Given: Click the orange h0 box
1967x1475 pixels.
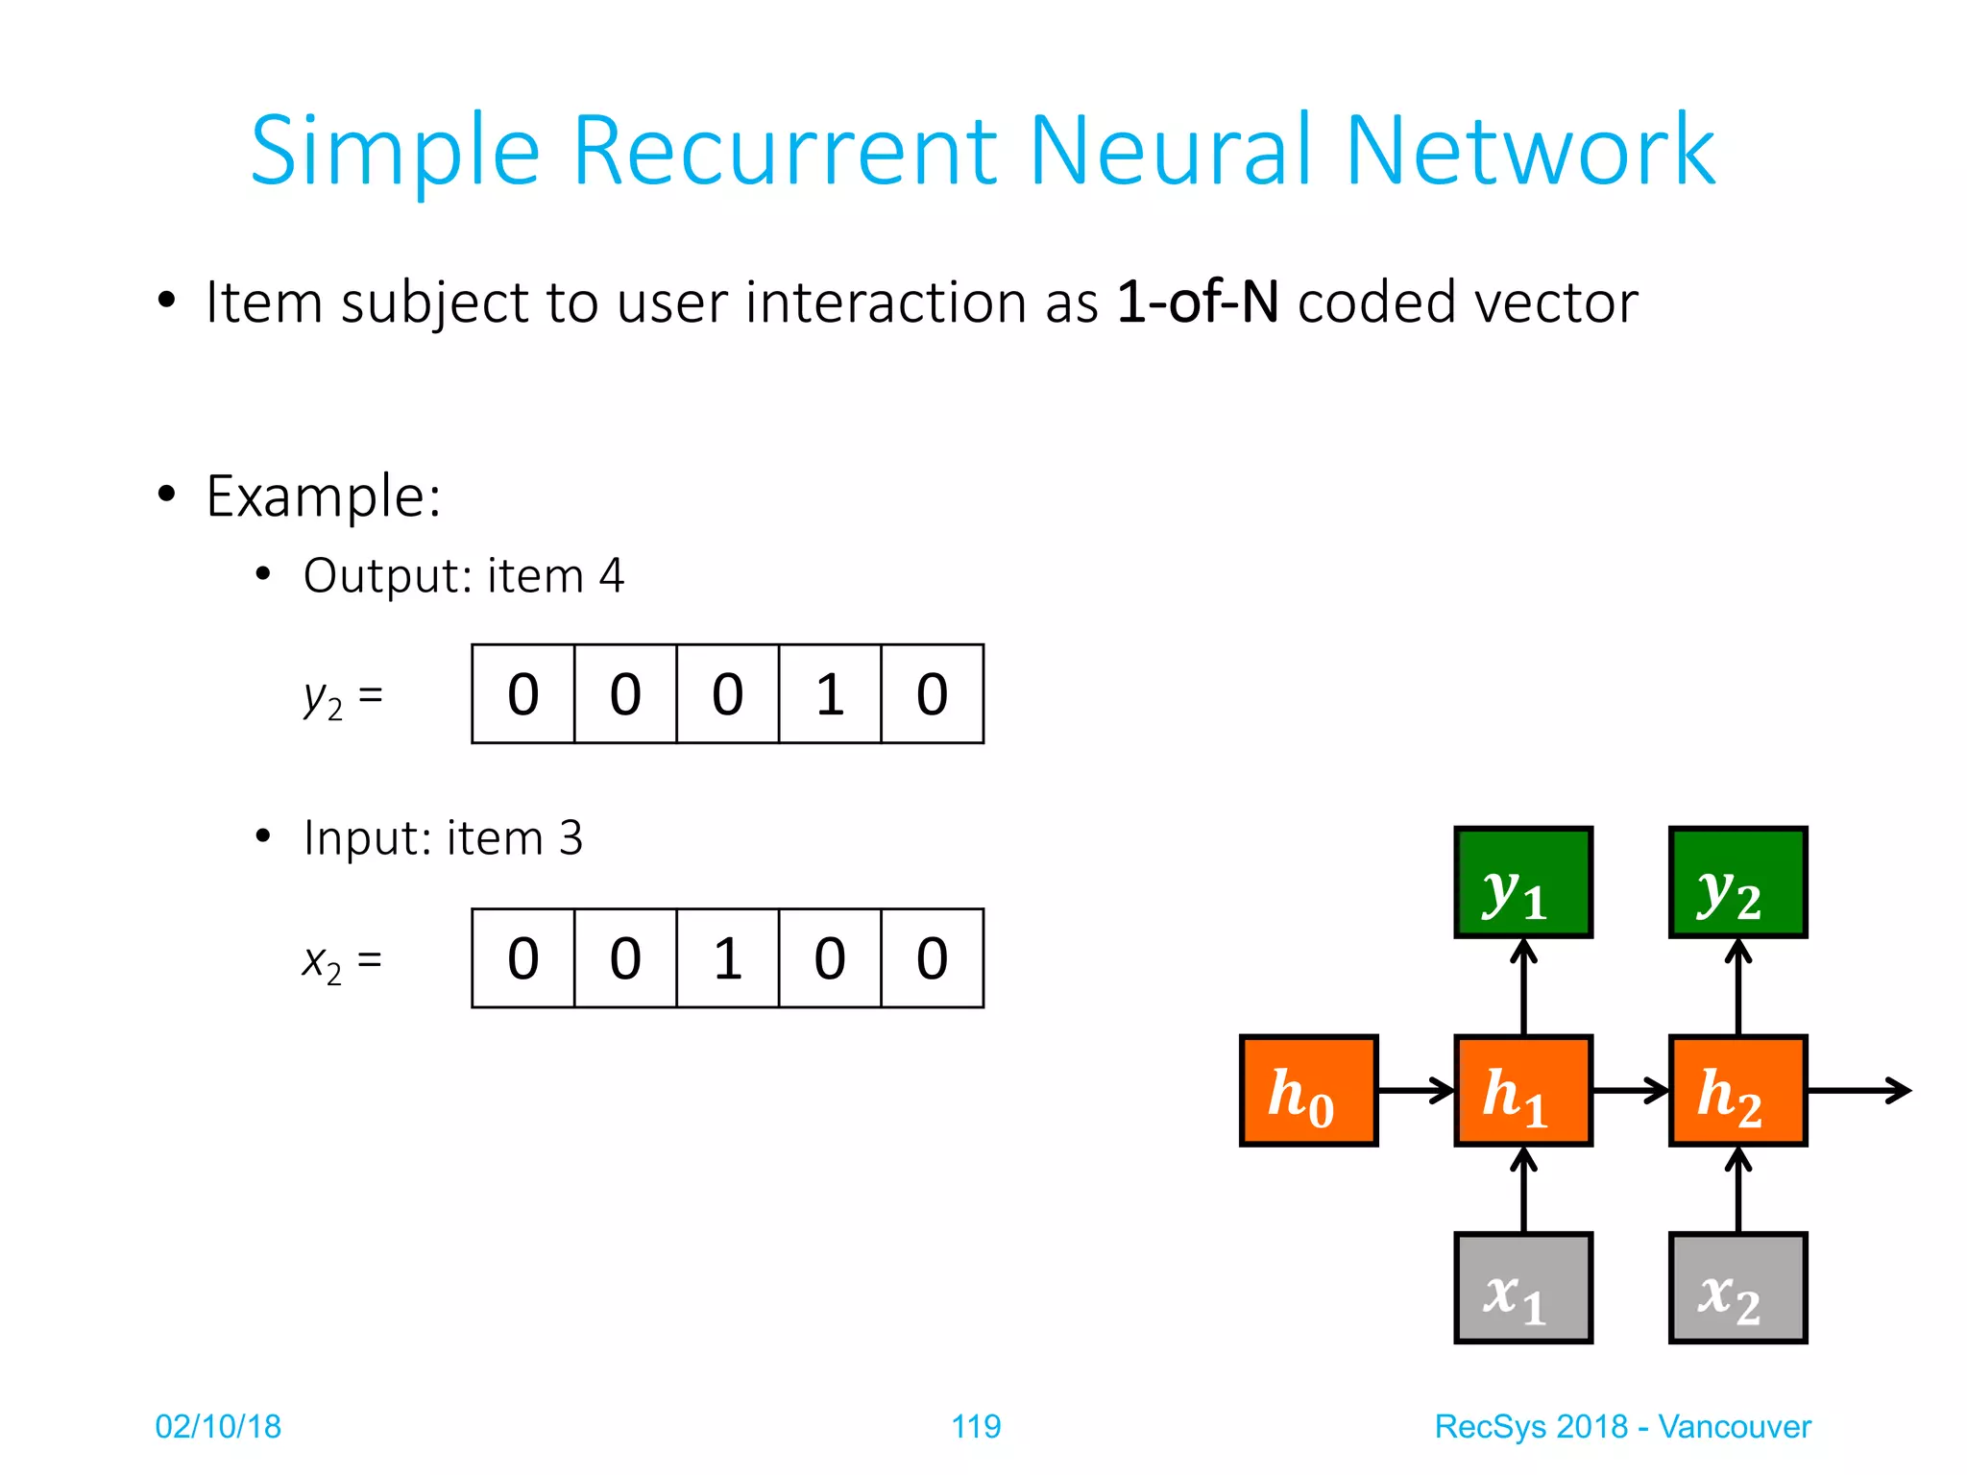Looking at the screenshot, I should point(1308,1090).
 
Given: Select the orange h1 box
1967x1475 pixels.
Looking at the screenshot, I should point(1523,1090).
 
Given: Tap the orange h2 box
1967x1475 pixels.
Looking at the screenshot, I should point(1737,1090).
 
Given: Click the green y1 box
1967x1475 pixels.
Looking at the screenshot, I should point(1523,882).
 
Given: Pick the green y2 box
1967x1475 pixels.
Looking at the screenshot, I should point(1737,882).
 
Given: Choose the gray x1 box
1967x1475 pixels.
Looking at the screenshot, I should point(1523,1287).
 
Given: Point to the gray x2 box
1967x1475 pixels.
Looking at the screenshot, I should point(1737,1287).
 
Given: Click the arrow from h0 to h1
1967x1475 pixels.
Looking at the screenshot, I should point(1416,1090).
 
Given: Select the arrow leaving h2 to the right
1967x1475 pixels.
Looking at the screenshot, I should point(1858,1090).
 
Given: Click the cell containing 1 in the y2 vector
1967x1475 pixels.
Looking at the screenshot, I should point(830,693).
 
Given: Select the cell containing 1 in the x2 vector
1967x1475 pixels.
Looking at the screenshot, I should point(727,957).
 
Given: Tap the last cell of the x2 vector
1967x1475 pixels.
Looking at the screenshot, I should point(932,957).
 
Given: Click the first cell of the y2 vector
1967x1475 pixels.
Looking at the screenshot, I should point(523,693).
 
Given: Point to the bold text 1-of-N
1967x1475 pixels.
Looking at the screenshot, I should point(1197,302).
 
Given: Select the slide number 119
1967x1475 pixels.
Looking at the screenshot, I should point(976,1426).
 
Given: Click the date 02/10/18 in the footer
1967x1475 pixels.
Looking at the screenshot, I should point(218,1426).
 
